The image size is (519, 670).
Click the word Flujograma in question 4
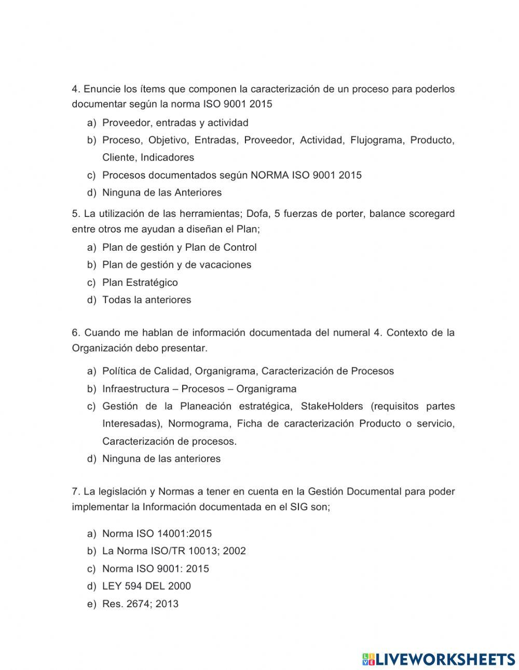(377, 140)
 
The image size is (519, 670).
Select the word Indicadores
(167, 157)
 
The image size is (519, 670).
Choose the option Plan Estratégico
(140, 282)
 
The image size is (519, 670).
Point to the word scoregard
(429, 213)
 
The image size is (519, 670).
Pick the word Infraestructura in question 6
(135, 389)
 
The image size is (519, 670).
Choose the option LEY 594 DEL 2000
(146, 586)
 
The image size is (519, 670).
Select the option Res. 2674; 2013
(140, 604)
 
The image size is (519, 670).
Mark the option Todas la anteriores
(146, 300)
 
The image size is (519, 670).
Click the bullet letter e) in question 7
(92, 604)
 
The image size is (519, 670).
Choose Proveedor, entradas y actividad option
(175, 123)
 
